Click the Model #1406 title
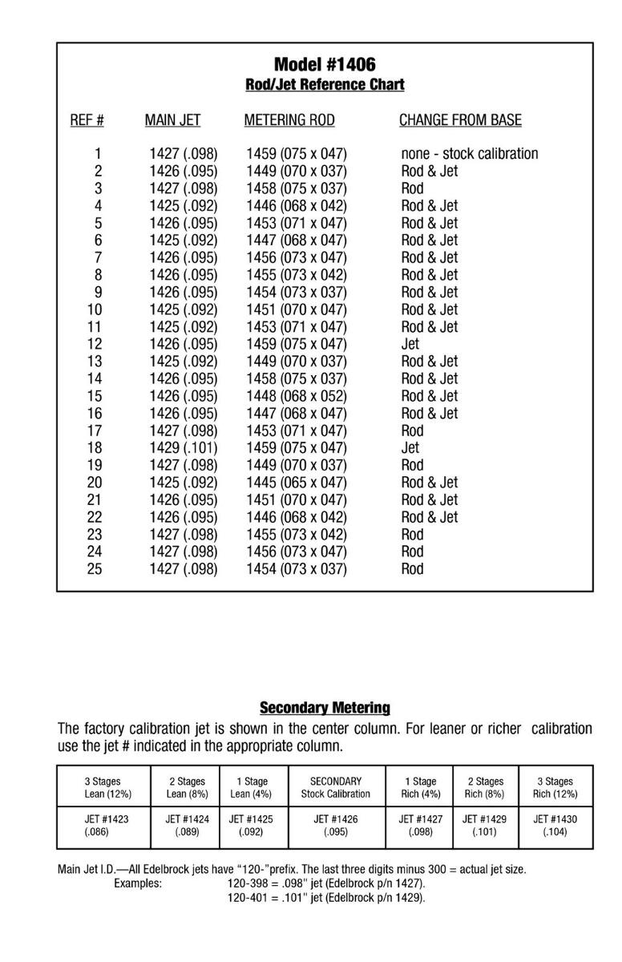click(x=325, y=64)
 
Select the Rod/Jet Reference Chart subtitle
click(x=325, y=84)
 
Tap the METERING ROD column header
click(x=289, y=120)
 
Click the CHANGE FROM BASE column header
click(x=460, y=120)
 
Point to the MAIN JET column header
click(x=172, y=120)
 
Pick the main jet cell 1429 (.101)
click(x=184, y=448)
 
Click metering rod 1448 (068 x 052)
click(x=297, y=396)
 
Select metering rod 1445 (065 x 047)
click(x=297, y=483)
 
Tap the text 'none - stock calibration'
click(x=470, y=154)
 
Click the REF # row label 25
click(x=95, y=569)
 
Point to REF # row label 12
click(x=95, y=344)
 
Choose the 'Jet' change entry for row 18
click(x=410, y=448)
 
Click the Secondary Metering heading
click(x=325, y=708)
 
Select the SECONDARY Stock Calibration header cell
click(x=336, y=787)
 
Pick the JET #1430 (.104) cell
click(x=555, y=826)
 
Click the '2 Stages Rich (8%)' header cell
click(x=486, y=787)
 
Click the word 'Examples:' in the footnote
click(x=138, y=883)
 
